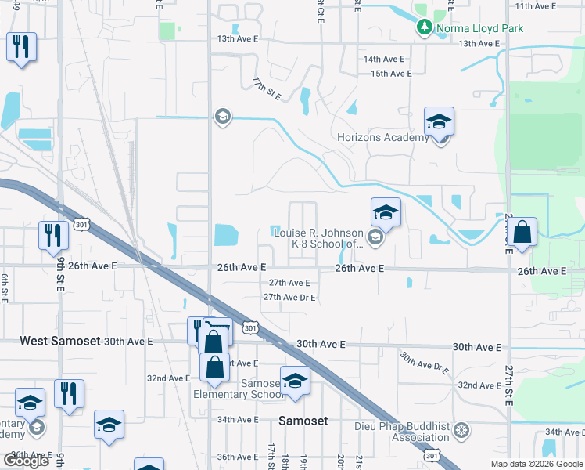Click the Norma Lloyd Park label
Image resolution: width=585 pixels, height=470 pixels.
(479, 28)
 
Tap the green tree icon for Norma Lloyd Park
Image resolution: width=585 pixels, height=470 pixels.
(425, 27)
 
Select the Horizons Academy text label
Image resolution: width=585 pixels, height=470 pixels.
(382, 138)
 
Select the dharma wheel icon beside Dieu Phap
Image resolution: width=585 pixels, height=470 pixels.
(461, 431)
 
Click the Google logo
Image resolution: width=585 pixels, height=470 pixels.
(26, 460)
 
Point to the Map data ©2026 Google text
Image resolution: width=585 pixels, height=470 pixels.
(536, 464)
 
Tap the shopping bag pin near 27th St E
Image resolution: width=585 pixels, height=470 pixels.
(523, 232)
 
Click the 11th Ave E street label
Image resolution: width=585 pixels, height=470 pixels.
(533, 6)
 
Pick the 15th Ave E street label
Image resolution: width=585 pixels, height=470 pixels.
(391, 74)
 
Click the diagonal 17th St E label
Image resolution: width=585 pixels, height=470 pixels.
(266, 89)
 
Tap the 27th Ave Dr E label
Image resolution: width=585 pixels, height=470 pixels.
(289, 298)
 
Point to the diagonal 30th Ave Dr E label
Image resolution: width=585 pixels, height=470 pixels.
(425, 363)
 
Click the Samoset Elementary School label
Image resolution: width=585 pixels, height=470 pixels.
(239, 389)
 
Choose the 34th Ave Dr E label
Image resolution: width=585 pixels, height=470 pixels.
(565, 432)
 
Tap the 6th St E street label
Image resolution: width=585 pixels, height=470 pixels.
(5, 280)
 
